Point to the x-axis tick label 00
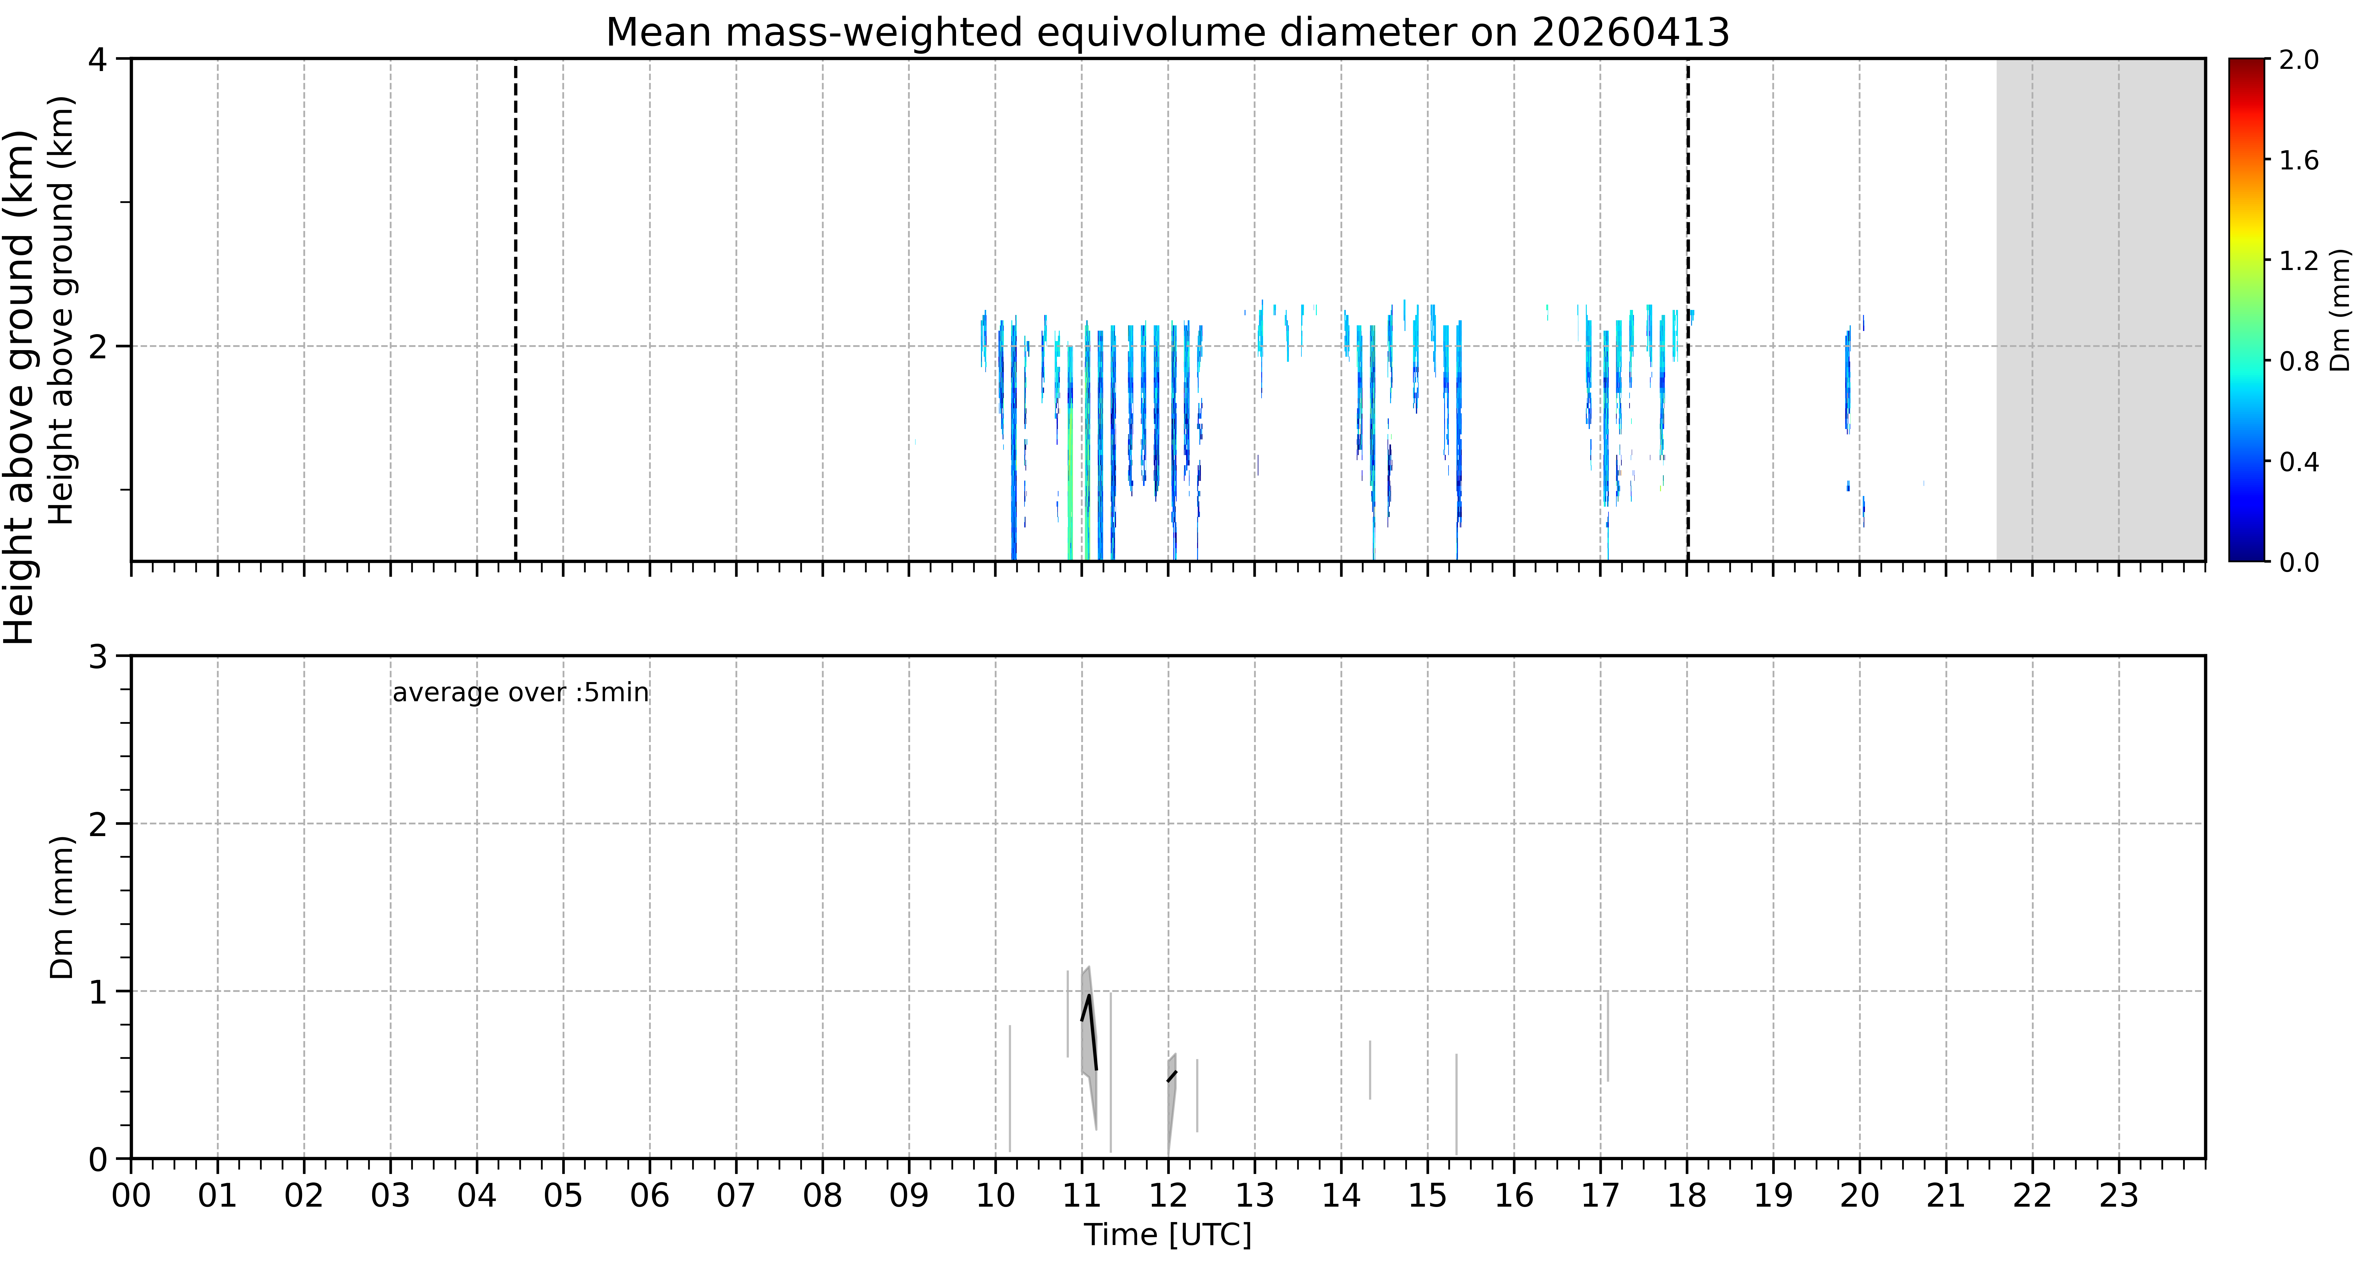[132, 1196]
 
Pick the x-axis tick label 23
[2119, 1196]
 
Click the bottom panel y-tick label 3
[97, 657]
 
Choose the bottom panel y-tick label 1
[97, 992]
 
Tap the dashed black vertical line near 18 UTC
[1687, 309]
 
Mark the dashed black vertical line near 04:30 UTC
[515, 309]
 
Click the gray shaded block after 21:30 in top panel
[2100, 309]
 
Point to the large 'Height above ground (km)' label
[19, 386]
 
